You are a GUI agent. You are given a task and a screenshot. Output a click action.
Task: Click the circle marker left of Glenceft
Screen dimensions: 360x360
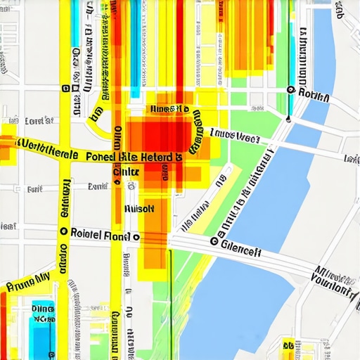point(213,241)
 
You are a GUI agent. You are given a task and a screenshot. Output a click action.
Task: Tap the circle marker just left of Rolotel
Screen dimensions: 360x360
point(64,231)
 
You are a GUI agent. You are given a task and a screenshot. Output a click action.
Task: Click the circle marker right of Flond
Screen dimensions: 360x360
point(136,238)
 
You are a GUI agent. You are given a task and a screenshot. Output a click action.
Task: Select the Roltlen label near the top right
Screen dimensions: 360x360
point(314,93)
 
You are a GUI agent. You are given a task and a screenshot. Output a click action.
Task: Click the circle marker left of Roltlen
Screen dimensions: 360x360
point(290,89)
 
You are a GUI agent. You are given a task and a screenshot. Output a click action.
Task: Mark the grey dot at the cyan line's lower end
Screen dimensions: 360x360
point(288,120)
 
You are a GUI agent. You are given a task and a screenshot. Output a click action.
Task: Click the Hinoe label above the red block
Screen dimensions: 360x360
point(169,109)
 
